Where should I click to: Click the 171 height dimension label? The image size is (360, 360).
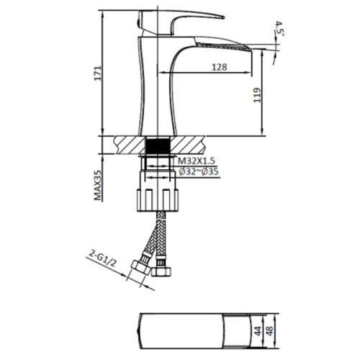click(x=98, y=73)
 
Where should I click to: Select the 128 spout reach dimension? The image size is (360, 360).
click(x=220, y=67)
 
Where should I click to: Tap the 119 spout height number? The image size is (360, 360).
click(x=257, y=95)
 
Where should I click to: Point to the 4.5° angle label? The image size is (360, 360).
click(x=279, y=29)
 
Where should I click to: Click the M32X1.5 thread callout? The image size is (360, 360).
click(x=197, y=161)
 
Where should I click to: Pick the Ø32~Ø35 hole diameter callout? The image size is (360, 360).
click(x=199, y=171)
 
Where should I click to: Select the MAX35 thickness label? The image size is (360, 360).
click(x=98, y=185)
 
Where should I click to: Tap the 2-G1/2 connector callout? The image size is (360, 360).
click(x=103, y=258)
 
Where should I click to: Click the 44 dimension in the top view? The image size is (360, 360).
click(x=258, y=331)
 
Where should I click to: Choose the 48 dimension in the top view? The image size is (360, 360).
click(x=270, y=331)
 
